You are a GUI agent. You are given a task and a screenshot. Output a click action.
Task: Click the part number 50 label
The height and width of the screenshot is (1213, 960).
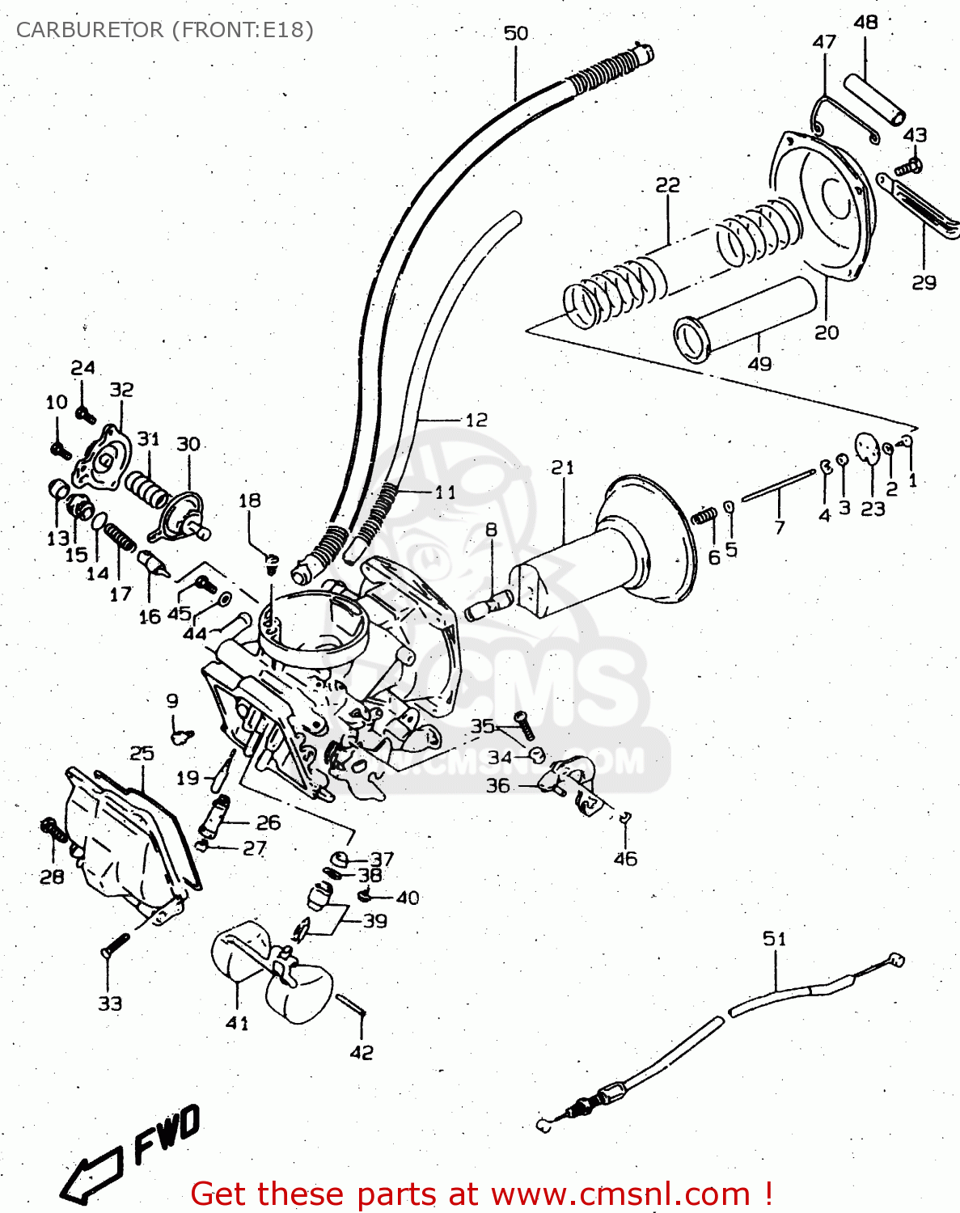(x=516, y=33)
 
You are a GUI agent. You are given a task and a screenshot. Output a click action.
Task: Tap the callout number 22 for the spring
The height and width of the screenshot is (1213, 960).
(x=667, y=185)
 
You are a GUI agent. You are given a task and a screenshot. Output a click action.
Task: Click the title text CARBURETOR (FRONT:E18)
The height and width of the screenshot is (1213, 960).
(x=164, y=30)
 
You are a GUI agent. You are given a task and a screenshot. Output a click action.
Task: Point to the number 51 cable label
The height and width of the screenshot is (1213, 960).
(x=774, y=938)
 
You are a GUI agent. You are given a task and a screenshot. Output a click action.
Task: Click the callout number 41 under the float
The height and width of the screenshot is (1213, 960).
(x=237, y=1023)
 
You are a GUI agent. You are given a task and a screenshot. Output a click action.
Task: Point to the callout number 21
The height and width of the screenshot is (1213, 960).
(x=562, y=467)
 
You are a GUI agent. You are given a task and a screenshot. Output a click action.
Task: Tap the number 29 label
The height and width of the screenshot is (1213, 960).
(x=924, y=282)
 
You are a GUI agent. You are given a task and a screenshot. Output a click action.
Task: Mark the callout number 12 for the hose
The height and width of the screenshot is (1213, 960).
(x=476, y=420)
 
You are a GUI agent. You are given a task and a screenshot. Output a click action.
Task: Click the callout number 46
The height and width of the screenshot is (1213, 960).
(x=625, y=858)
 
